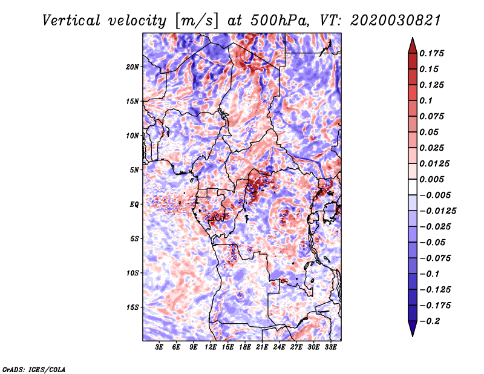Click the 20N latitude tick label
pyautogui.click(x=132, y=67)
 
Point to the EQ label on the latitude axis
pyautogui.click(x=134, y=205)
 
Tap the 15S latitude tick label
pyautogui.click(x=132, y=307)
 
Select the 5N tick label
pyautogui.click(x=134, y=170)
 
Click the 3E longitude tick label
pyautogui.click(x=159, y=347)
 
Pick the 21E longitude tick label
pyautogui.click(x=262, y=347)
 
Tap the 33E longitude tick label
pyautogui.click(x=330, y=347)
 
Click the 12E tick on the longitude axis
pyautogui.click(x=211, y=347)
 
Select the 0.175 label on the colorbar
pyautogui.click(x=432, y=53)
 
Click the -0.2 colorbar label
pyautogui.click(x=430, y=321)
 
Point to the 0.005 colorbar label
pyautogui.click(x=432, y=179)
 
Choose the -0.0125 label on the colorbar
pyautogui.click(x=437, y=211)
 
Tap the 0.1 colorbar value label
pyautogui.click(x=426, y=100)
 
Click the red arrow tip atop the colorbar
pyautogui.click(x=413, y=38)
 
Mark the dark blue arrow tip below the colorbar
pyautogui.click(x=413, y=336)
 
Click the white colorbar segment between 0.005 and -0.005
pyautogui.click(x=413, y=187)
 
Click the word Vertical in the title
pyautogui.click(x=71, y=21)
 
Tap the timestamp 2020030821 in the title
pyautogui.click(x=396, y=21)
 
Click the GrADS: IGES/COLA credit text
pyautogui.click(x=34, y=370)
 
